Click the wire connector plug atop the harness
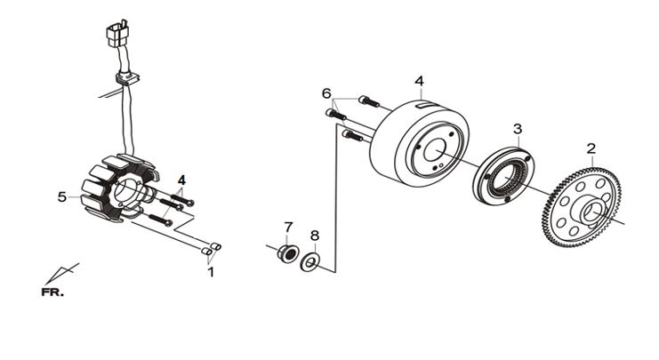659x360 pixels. click(117, 33)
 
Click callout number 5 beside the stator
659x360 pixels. click(62, 196)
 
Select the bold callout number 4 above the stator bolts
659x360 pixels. click(181, 180)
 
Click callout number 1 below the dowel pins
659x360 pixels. click(211, 272)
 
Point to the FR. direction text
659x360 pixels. click(52, 292)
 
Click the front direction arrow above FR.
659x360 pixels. click(61, 274)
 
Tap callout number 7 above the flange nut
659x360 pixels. click(288, 228)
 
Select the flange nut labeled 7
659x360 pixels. click(288, 253)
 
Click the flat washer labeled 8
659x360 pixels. click(310, 262)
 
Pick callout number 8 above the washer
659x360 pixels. click(315, 236)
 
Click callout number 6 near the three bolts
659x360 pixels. click(326, 93)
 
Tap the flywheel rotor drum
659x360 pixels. click(419, 143)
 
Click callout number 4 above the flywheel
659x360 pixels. click(420, 81)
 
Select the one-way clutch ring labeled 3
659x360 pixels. click(503, 176)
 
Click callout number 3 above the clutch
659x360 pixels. click(518, 129)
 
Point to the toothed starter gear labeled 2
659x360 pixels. click(582, 207)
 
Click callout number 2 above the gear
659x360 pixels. click(591, 148)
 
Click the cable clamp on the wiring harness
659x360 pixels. click(126, 78)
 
